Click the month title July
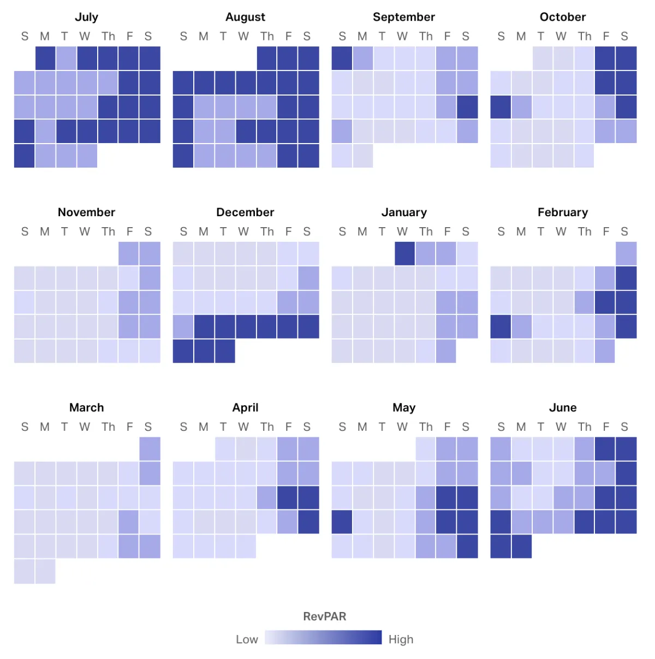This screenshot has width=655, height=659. tap(86, 17)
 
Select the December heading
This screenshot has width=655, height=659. tap(245, 212)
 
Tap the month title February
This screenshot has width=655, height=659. tap(563, 212)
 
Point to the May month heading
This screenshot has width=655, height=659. tap(404, 408)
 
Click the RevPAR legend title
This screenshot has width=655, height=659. tap(325, 616)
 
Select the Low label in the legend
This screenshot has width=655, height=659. tap(247, 639)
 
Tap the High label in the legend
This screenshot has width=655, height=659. tap(401, 639)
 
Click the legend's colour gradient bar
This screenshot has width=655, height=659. tap(323, 638)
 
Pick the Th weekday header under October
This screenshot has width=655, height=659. tap(585, 37)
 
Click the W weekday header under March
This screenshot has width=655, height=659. tap(85, 427)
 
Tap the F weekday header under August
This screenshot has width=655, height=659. tap(288, 37)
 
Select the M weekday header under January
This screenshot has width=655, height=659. tap(362, 231)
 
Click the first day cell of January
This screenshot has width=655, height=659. tap(404, 254)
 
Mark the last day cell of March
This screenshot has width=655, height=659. tap(45, 571)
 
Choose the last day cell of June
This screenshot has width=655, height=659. tap(522, 547)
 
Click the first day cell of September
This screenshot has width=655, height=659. tap(342, 58)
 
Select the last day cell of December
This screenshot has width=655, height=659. tap(225, 351)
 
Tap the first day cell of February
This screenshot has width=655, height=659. tap(626, 254)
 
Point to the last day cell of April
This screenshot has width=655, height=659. tap(246, 547)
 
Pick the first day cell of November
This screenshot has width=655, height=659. tap(129, 254)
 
